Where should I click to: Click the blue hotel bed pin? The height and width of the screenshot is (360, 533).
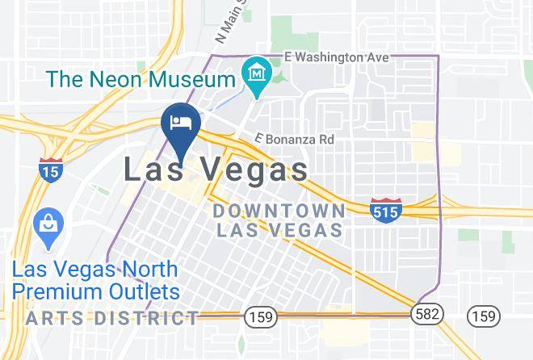pyautogui.click(x=182, y=123)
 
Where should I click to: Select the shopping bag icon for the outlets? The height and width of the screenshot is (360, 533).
pyautogui.click(x=48, y=223)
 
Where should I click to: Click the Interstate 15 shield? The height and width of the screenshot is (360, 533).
pyautogui.click(x=49, y=168)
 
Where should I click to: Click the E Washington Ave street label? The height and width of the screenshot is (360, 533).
pyautogui.click(x=337, y=57)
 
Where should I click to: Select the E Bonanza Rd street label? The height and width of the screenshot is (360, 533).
pyautogui.click(x=294, y=139)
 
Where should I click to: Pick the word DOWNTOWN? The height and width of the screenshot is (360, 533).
pyautogui.click(x=279, y=211)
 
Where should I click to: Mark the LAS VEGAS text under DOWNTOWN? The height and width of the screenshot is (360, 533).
pyautogui.click(x=279, y=229)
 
